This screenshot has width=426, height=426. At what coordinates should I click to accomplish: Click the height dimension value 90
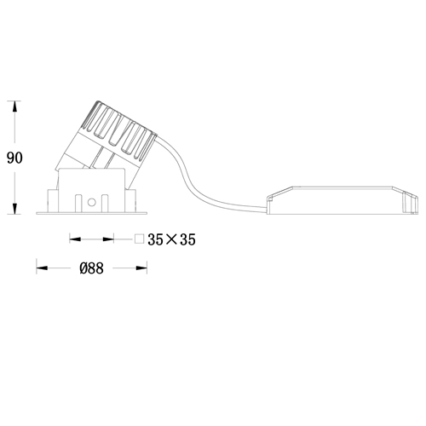click(14, 158)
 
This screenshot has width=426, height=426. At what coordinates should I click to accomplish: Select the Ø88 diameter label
click(91, 268)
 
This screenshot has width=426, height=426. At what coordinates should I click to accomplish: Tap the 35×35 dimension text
click(171, 239)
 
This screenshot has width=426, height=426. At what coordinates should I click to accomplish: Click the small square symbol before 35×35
click(140, 239)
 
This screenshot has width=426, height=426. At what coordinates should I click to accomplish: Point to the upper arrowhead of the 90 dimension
click(14, 106)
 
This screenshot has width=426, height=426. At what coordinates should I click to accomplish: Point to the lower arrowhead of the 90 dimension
click(14, 209)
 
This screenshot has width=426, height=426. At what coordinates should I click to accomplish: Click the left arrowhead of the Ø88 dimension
click(42, 268)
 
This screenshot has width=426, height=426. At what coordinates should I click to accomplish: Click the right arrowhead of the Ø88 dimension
click(141, 268)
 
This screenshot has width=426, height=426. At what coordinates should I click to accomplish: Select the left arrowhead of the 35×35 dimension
click(75, 239)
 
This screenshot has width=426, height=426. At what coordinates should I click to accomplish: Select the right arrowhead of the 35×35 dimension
click(108, 239)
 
